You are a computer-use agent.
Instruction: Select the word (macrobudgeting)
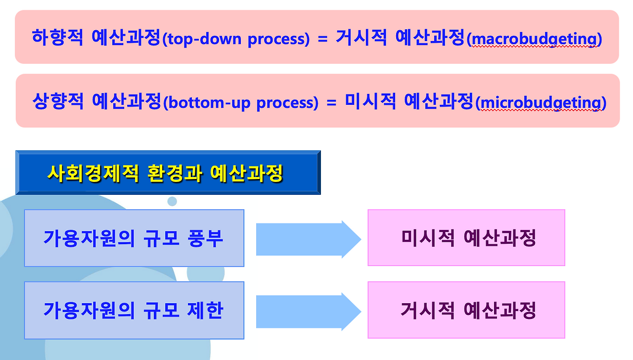point(534,39)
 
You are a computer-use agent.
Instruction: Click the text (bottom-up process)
point(240,103)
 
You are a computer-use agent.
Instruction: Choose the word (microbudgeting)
point(541,103)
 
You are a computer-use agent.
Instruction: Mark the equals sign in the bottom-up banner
point(331,103)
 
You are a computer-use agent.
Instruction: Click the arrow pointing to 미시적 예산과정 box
point(308,239)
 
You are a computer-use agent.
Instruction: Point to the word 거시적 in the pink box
point(426,311)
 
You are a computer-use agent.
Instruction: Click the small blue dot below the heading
point(172,201)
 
